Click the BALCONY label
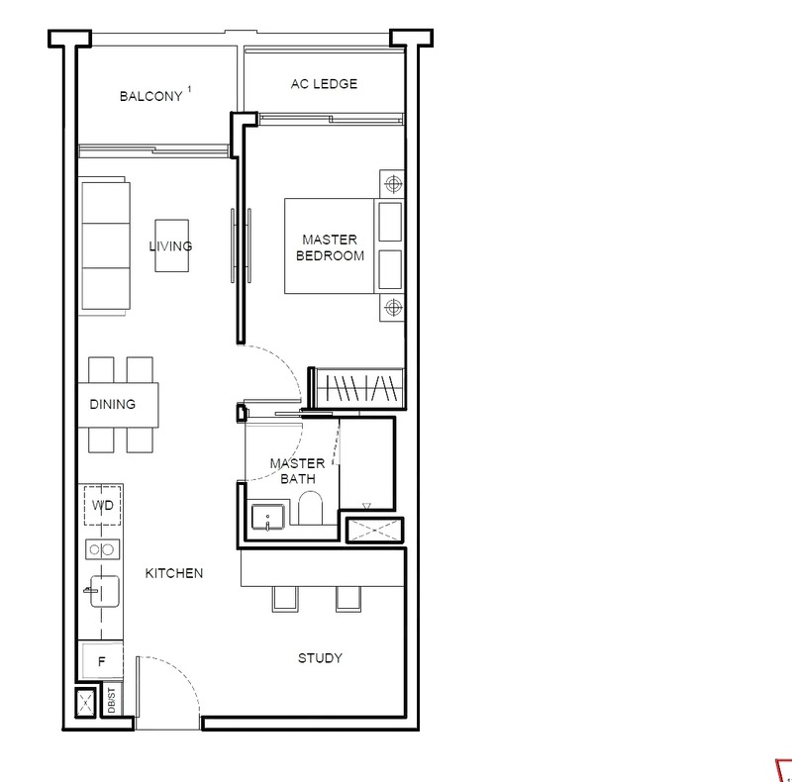point(151,96)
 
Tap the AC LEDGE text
point(324,84)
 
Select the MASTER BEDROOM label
point(330,247)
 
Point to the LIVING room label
point(170,246)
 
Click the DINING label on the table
point(113,404)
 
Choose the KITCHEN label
point(174,573)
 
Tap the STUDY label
point(320,657)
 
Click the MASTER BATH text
point(298,471)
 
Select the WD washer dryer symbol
point(103,505)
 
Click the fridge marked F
point(101,661)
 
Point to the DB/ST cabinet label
point(112,700)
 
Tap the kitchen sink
point(104,591)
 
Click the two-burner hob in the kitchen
point(103,549)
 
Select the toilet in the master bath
point(310,508)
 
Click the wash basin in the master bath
point(267,517)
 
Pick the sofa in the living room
point(104,246)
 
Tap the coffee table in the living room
point(171,245)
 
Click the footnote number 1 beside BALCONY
point(189,89)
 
